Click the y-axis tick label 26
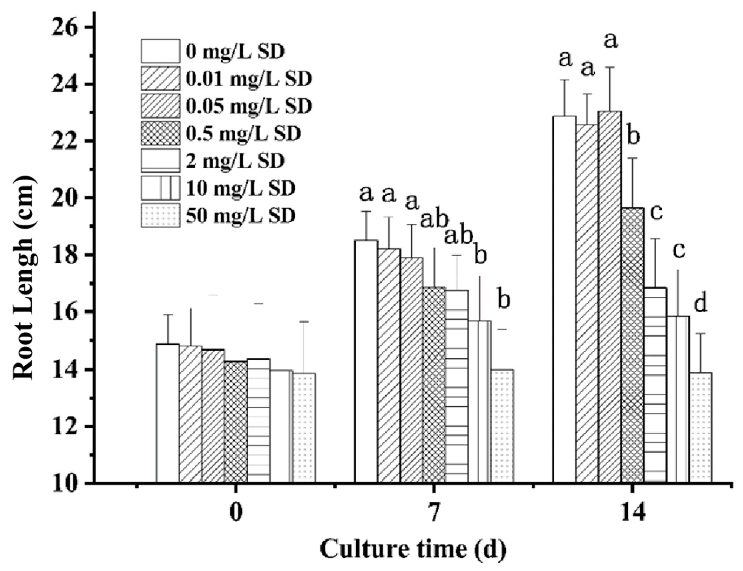[x=64, y=27]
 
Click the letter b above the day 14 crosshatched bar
[x=633, y=137]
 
